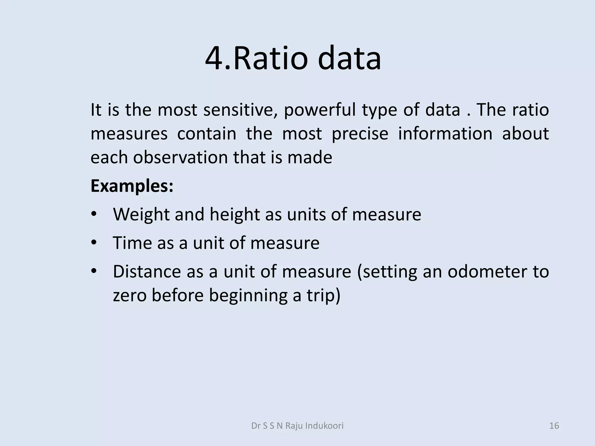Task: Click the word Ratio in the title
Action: (270, 58)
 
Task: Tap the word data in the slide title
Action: (350, 58)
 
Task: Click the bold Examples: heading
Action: (132, 186)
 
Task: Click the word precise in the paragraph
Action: (360, 134)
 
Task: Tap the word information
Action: (445, 134)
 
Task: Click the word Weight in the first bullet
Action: (141, 215)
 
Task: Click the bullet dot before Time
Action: (93, 242)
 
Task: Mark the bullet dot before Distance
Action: (93, 271)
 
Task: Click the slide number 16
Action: (554, 426)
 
